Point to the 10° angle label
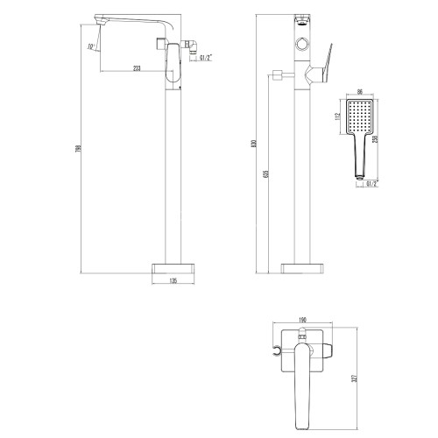(x=90, y=46)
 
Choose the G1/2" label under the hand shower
(x=370, y=183)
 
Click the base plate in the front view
(x=301, y=266)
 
